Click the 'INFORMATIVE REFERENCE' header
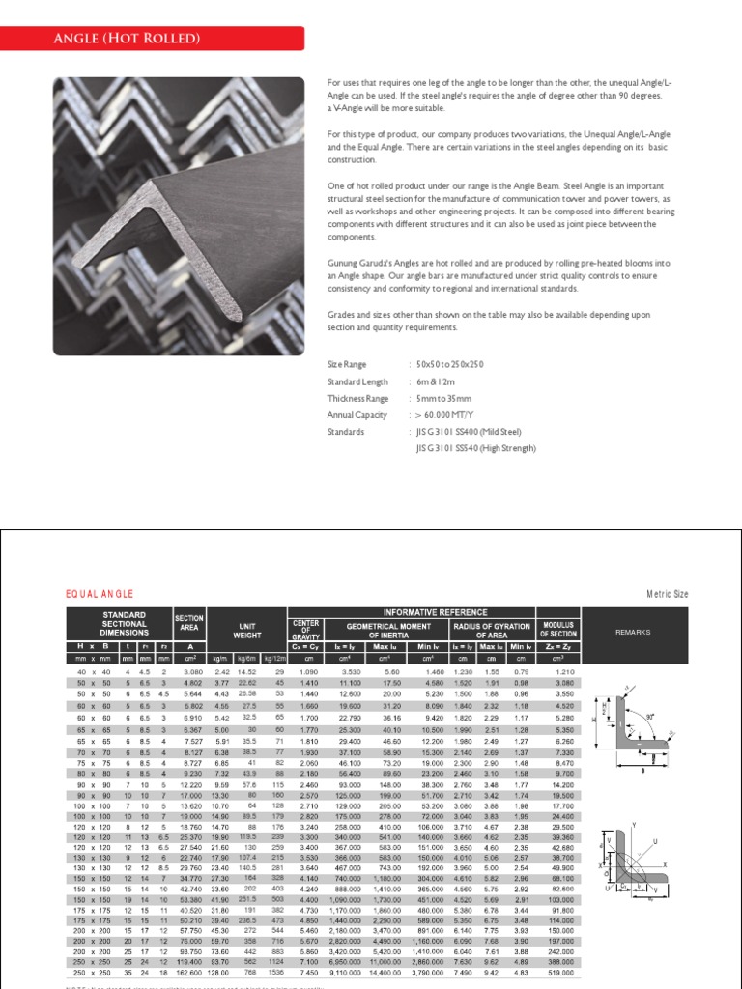434,612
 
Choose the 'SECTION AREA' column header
187,618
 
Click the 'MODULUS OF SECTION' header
557,630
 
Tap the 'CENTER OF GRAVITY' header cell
305,630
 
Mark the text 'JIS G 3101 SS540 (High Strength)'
475,448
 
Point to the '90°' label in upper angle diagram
650,718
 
